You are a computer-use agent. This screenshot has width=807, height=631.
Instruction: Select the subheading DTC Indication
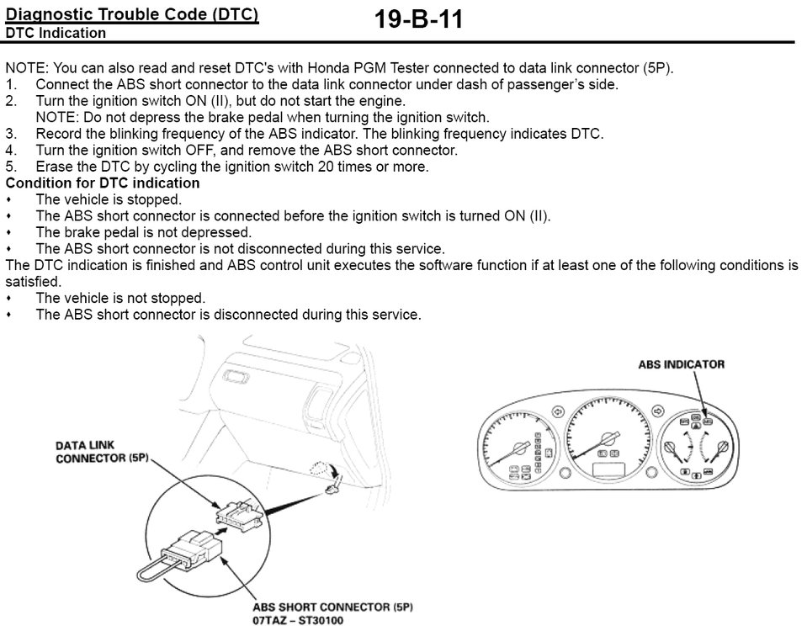(x=56, y=34)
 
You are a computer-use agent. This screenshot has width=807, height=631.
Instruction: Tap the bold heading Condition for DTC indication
(x=103, y=183)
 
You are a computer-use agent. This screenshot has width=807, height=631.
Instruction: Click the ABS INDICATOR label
(x=681, y=364)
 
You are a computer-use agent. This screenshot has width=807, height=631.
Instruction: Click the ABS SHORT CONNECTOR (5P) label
(x=333, y=607)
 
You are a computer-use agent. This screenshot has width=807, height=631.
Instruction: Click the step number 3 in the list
(x=11, y=134)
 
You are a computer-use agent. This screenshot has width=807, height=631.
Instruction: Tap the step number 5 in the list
(x=11, y=167)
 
